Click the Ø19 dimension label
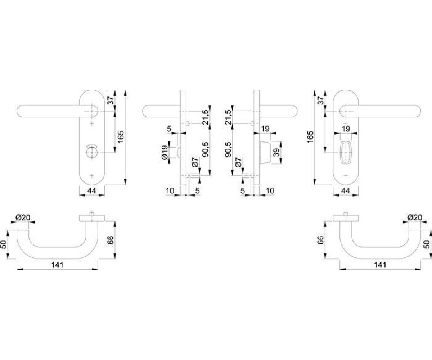165,153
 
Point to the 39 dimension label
276,153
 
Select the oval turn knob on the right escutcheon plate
346,153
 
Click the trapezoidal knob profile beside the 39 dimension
265,153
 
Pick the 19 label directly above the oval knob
346,129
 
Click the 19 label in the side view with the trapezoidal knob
265,129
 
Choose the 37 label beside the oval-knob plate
321,100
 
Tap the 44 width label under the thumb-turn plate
92,190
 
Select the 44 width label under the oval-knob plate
346,190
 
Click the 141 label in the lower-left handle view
57,265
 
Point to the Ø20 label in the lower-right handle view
415,217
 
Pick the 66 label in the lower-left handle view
111,240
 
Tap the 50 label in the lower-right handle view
426,244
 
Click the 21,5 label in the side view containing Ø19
206,117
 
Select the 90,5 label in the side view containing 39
228,149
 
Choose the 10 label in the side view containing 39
270,190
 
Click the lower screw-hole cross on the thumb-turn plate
92,176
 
